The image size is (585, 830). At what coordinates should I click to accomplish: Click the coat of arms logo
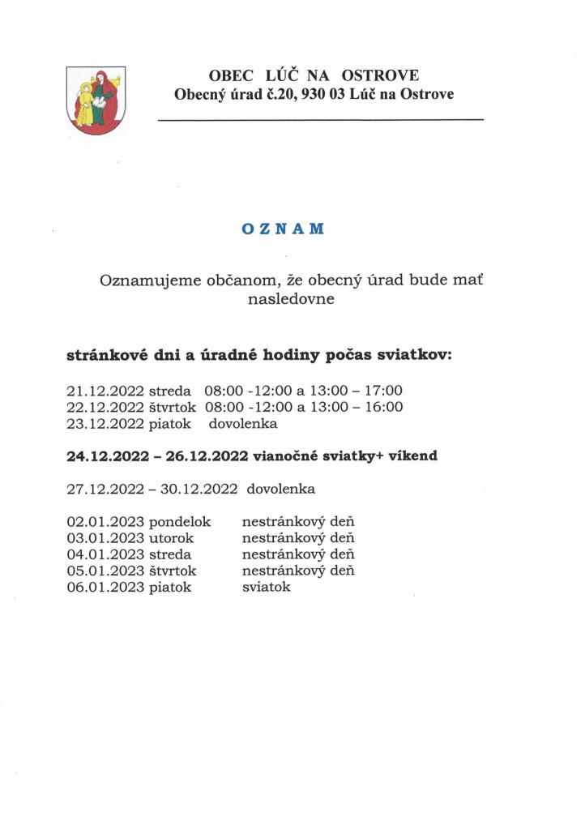click(96, 101)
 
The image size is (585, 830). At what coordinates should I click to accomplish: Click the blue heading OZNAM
click(283, 229)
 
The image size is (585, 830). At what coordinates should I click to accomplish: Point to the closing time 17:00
click(385, 391)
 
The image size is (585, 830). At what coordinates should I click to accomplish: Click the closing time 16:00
click(385, 407)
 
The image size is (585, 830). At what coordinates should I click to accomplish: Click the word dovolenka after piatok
click(243, 423)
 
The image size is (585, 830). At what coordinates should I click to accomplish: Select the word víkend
click(412, 456)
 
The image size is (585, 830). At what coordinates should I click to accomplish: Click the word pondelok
click(180, 522)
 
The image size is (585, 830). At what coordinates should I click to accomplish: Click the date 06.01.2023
click(105, 587)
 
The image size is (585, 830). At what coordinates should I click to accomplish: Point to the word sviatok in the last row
click(266, 587)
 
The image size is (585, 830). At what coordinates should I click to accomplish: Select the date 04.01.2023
click(105, 554)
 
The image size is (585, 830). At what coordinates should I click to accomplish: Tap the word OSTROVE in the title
click(380, 76)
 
